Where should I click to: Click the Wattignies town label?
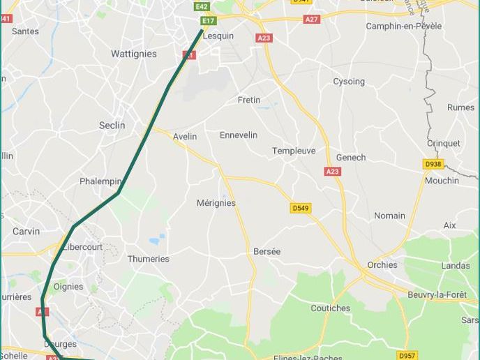click(x=134, y=54)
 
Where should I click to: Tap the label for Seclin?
click(x=112, y=126)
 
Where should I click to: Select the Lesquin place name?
click(x=218, y=36)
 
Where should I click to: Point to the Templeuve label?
click(x=294, y=151)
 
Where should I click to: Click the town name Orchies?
click(x=382, y=265)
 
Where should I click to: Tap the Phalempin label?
click(x=100, y=181)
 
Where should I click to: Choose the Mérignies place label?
click(x=216, y=203)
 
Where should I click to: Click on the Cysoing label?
click(x=348, y=82)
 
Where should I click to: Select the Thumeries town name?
click(x=148, y=259)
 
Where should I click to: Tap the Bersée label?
click(x=267, y=251)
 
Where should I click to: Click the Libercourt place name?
click(x=82, y=247)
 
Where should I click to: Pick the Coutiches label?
click(x=330, y=308)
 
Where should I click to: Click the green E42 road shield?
click(x=202, y=6)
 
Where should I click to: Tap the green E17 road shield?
click(x=209, y=21)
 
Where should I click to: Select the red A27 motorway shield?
click(x=312, y=20)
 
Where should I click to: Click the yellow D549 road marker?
click(x=300, y=208)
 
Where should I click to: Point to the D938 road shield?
click(x=433, y=165)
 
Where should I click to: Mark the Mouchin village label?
click(x=442, y=181)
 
